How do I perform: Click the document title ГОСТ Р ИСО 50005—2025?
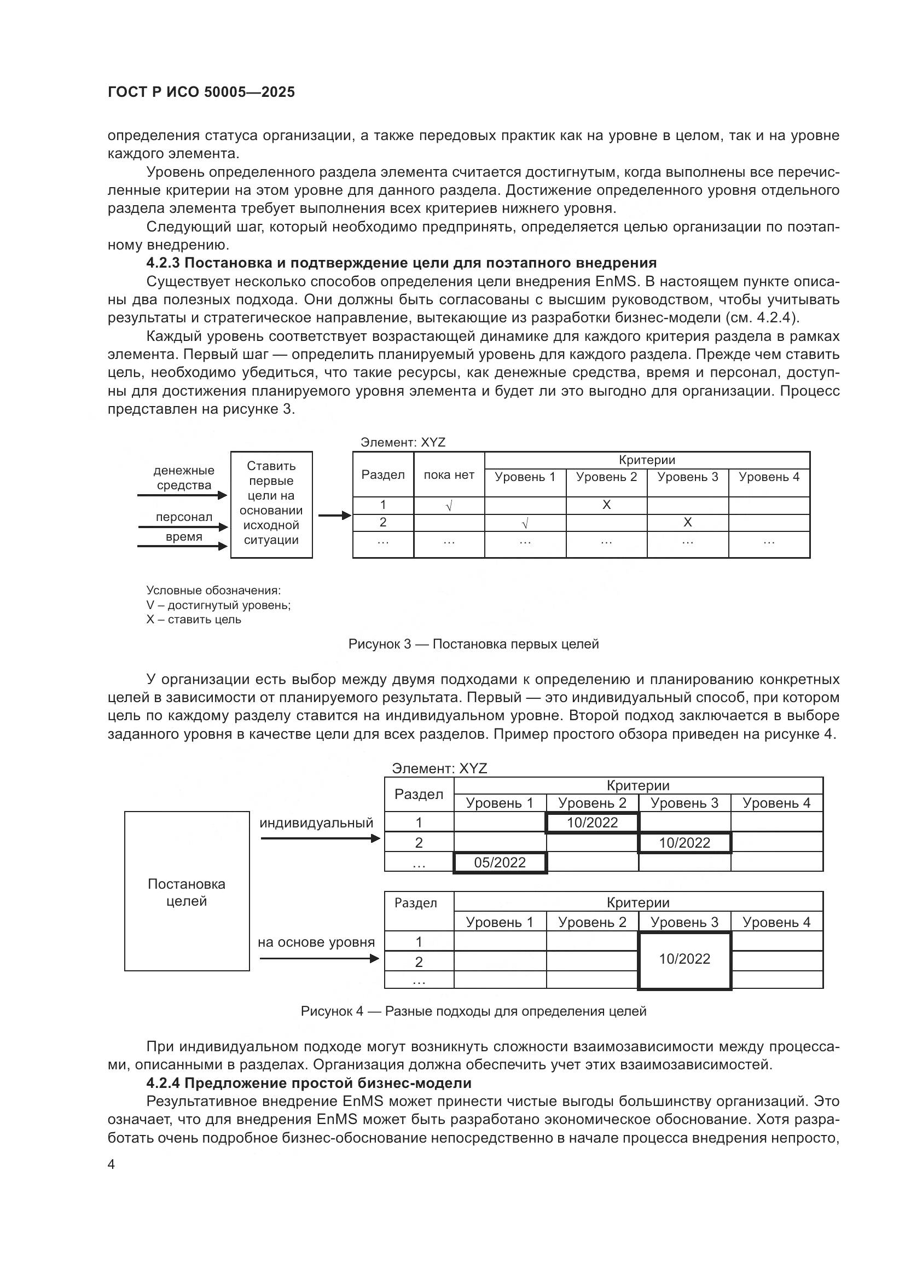(201, 92)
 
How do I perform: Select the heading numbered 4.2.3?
(401, 263)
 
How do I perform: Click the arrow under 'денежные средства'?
(182, 495)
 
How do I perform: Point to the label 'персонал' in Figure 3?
(184, 517)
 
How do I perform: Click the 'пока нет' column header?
(449, 475)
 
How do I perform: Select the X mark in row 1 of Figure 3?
(606, 505)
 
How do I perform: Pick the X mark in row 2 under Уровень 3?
(688, 523)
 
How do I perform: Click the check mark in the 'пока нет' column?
(449, 506)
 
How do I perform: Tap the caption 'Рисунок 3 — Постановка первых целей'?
(473, 644)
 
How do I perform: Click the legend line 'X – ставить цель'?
(193, 619)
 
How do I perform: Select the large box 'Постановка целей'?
(187, 891)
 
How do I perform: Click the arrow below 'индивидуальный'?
(320, 838)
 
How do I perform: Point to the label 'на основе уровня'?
(316, 942)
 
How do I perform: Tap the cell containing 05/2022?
(500, 862)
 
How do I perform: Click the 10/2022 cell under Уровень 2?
(592, 823)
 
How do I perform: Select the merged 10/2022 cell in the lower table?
(684, 959)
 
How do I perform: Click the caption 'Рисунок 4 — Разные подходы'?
(473, 1011)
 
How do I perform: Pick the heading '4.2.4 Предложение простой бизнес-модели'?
(309, 1083)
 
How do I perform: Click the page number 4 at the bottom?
(111, 1165)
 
